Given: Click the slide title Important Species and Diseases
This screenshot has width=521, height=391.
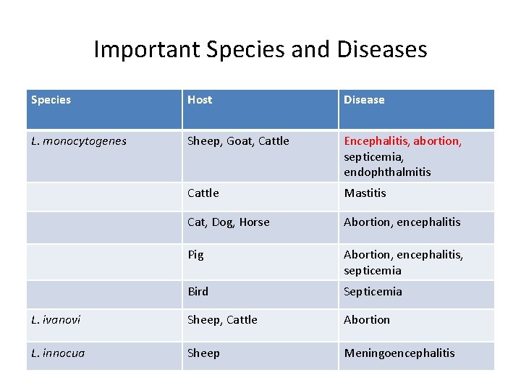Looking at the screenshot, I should [x=260, y=49].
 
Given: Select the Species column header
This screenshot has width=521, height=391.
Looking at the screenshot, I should [x=51, y=100].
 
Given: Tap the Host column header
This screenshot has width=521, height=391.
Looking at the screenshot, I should [x=200, y=100].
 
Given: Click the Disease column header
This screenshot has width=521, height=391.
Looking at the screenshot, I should [x=364, y=100].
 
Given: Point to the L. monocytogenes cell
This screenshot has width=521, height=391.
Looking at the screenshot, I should [x=79, y=141].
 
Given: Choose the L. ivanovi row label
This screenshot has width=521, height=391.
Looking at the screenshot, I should [x=56, y=319].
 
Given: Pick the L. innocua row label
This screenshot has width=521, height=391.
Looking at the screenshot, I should [x=58, y=353].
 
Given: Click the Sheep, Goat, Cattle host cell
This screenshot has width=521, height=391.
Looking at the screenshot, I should [x=238, y=141].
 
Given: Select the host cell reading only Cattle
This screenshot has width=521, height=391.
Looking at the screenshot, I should [x=203, y=193].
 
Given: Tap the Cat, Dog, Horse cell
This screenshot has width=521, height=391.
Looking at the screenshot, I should [x=228, y=222].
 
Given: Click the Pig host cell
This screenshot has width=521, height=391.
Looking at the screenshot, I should [x=195, y=255].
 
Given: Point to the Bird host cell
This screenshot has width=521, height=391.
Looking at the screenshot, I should [x=198, y=292].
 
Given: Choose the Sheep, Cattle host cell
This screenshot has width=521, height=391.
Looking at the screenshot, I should [x=222, y=319].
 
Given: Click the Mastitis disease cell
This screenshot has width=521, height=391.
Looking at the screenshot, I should [x=365, y=193].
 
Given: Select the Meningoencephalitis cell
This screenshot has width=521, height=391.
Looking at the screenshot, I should [x=399, y=353].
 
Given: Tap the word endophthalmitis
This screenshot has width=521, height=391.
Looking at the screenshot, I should [x=387, y=172].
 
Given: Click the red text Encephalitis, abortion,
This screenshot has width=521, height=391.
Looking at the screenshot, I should [x=402, y=141].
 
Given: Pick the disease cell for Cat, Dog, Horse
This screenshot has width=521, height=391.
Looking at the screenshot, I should [x=402, y=222].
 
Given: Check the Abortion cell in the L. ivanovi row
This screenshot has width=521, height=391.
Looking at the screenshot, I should [x=367, y=319].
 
